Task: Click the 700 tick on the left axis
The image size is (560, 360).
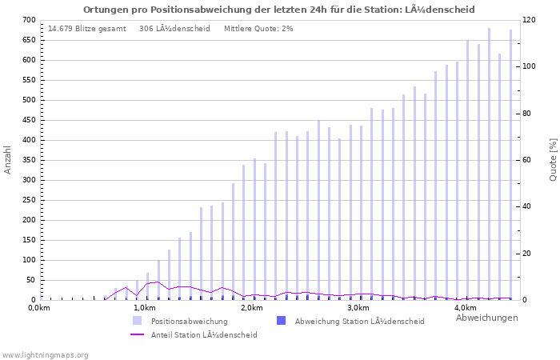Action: (x=29, y=20)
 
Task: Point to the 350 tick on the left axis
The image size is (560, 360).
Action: (x=29, y=160)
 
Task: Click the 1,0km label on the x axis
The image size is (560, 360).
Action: (x=144, y=308)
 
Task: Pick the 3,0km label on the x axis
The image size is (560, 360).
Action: (x=358, y=308)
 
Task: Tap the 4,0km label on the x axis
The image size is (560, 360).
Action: (x=466, y=308)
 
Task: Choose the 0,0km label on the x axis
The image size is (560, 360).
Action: (x=39, y=308)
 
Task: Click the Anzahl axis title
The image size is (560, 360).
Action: (x=8, y=160)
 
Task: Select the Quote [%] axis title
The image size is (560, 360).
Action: (x=553, y=160)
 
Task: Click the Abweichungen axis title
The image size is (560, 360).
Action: (x=486, y=318)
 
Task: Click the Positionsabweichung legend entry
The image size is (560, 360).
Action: (x=189, y=321)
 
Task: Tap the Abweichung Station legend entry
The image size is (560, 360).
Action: (x=359, y=321)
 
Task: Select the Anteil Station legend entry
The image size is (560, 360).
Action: (x=203, y=335)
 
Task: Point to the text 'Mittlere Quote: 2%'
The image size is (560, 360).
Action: (x=258, y=29)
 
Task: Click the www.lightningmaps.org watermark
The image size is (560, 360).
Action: (x=45, y=354)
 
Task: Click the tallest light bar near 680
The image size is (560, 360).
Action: (x=490, y=164)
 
